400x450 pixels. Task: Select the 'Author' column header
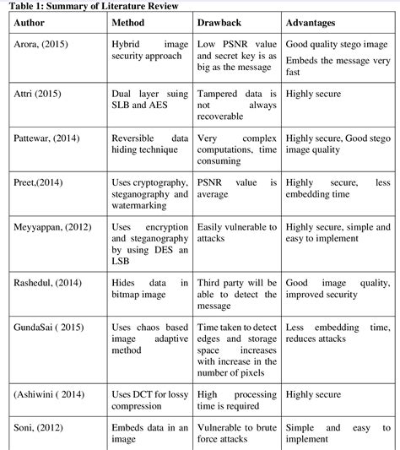click(x=30, y=23)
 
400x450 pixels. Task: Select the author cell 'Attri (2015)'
click(x=37, y=95)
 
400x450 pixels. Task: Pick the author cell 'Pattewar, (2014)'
click(x=49, y=136)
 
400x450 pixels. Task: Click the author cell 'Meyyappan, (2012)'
click(x=53, y=227)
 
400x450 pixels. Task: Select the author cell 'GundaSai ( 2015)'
click(x=49, y=328)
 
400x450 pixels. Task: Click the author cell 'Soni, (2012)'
click(x=38, y=428)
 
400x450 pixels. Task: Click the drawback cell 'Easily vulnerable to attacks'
click(x=236, y=233)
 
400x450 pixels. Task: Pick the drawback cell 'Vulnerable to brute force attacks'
click(x=236, y=434)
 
